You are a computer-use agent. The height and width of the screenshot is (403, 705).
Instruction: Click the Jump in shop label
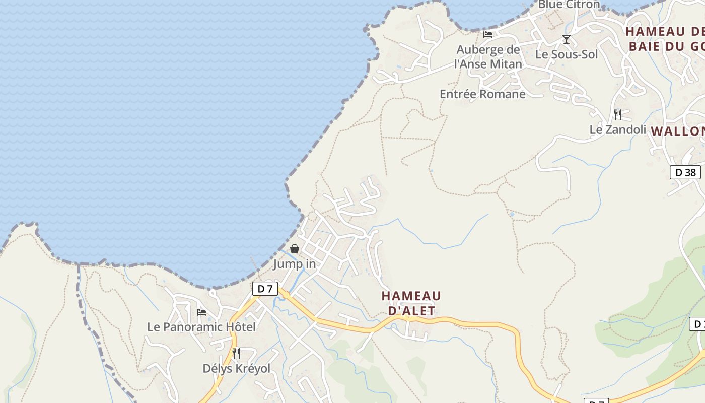pyautogui.click(x=295, y=264)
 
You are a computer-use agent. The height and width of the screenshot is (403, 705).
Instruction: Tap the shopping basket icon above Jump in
pyautogui.click(x=295, y=249)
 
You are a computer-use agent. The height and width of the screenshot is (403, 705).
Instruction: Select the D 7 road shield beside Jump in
pyautogui.click(x=265, y=289)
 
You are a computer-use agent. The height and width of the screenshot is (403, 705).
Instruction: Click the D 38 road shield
pyautogui.click(x=685, y=172)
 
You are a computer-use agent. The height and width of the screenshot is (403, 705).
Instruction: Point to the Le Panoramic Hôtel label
pyautogui.click(x=201, y=327)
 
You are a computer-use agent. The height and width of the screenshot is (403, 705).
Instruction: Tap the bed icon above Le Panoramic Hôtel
pyautogui.click(x=201, y=312)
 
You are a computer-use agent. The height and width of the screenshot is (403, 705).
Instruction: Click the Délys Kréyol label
pyautogui.click(x=236, y=369)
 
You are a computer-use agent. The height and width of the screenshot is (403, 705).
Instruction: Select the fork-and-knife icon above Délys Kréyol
pyautogui.click(x=236, y=354)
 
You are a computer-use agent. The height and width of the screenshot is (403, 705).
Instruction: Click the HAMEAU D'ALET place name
pyautogui.click(x=411, y=303)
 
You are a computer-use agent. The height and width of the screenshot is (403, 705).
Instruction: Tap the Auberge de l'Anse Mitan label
pyautogui.click(x=488, y=57)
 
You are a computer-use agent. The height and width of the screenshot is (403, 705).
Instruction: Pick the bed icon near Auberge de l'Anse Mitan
pyautogui.click(x=488, y=35)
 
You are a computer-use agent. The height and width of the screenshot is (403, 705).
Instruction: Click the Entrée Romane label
pyautogui.click(x=482, y=94)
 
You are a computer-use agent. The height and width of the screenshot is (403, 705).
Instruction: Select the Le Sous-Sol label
pyautogui.click(x=567, y=54)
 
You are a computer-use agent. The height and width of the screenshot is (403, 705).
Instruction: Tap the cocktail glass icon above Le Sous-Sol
pyautogui.click(x=567, y=39)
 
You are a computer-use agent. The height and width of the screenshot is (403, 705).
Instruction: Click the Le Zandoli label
pyautogui.click(x=617, y=130)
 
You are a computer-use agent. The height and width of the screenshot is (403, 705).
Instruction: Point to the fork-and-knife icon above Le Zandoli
pyautogui.click(x=618, y=114)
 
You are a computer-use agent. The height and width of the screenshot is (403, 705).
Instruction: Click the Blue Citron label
pyautogui.click(x=569, y=5)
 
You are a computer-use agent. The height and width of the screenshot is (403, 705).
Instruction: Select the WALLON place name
pyautogui.click(x=678, y=131)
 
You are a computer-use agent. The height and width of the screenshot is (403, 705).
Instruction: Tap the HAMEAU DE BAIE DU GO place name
pyautogui.click(x=665, y=39)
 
